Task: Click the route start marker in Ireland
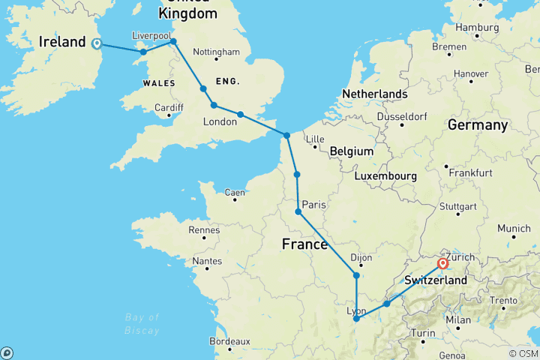[96, 43]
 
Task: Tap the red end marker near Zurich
[442, 263]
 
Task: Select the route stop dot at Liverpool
[173, 42]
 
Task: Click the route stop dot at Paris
[298, 212]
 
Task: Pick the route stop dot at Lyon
[355, 319]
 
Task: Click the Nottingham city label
[216, 52]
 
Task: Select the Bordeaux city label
[229, 341]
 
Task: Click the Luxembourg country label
[386, 175]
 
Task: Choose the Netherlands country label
[374, 94]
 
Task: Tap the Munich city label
[514, 228]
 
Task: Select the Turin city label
[424, 332]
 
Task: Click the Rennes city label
[204, 230]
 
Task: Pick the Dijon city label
[361, 257]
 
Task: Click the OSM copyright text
[522, 353]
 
